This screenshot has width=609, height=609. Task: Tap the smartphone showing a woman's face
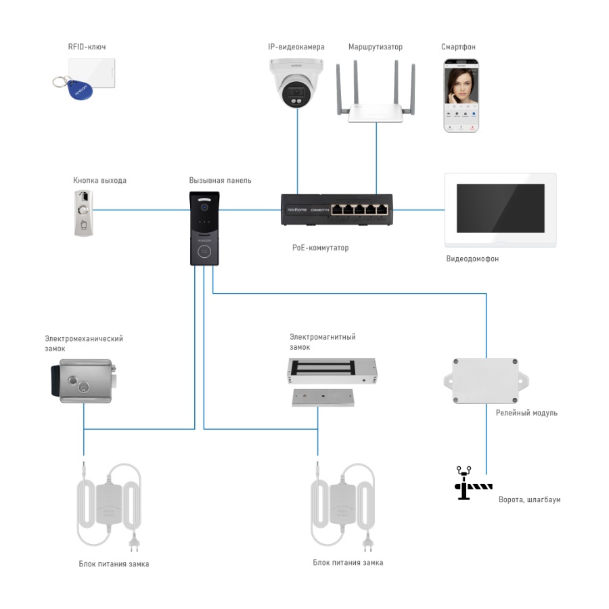pos(460,95)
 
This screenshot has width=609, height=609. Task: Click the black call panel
pos(204,227)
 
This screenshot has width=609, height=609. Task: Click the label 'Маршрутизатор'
pos(375,47)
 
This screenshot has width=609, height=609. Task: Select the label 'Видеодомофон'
pos(472,259)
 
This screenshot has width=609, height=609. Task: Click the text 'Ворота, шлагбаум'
pos(529,499)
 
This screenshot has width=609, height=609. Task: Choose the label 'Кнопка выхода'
pos(99,181)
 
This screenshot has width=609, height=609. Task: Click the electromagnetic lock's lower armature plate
pos(323,397)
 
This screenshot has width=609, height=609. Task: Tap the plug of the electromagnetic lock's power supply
pos(368,541)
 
